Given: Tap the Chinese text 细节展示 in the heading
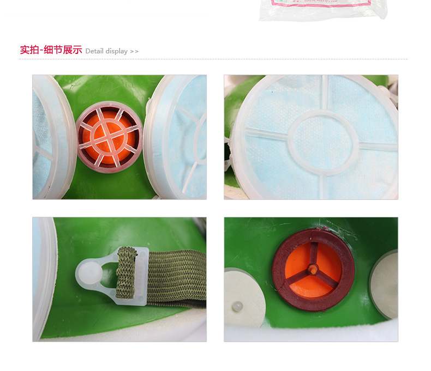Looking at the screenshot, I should [x=63, y=50].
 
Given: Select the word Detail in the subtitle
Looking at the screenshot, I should [x=94, y=51].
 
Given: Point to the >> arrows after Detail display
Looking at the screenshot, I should [x=134, y=51].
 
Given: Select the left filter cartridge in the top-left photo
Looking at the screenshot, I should [x=52, y=136].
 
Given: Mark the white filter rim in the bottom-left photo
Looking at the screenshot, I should [x=45, y=278].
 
